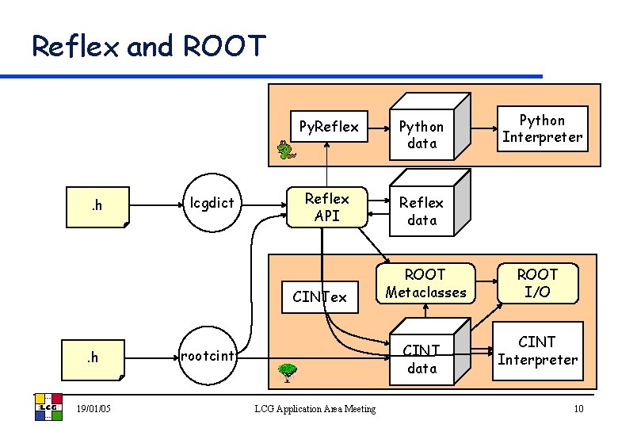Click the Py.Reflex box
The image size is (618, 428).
pos(328,127)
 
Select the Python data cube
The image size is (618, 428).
pos(422,135)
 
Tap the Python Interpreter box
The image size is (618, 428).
pos(542,128)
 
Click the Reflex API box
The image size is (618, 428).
pos(327,207)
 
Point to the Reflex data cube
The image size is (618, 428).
pos(422,211)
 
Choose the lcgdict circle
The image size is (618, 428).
pos(212,203)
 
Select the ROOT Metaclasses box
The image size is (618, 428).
pos(425,283)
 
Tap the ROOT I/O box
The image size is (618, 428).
pos(538,283)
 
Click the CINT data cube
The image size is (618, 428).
pos(422,359)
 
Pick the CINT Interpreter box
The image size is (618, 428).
pos(537,350)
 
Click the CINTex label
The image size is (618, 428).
pos(319,297)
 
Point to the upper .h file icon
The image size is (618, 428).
pos(102,207)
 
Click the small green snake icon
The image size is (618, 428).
pos(283,150)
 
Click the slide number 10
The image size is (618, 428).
pos(578,408)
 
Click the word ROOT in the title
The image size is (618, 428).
pos(225,47)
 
